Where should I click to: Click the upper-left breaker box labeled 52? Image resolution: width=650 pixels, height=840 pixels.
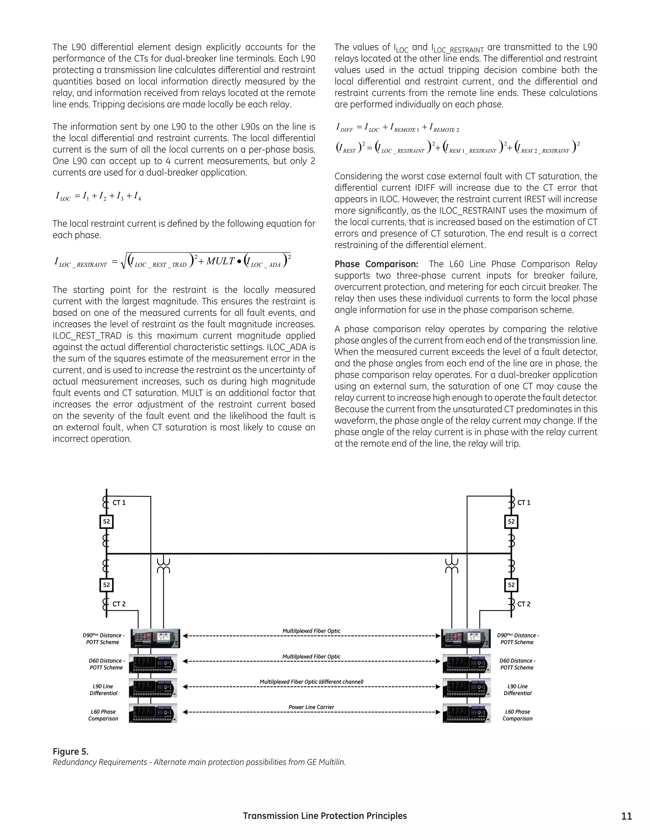coord(106,521)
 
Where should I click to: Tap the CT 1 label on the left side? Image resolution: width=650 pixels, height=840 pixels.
coord(119,503)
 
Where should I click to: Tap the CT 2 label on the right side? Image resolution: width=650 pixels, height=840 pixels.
coord(524,604)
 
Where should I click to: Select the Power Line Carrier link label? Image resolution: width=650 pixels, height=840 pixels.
coord(311,707)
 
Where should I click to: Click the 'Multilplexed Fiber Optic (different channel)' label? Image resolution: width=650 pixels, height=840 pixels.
coord(311,682)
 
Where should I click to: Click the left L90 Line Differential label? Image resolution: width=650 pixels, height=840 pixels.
coord(103,690)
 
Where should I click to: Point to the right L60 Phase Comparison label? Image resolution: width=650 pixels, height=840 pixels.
coord(517,715)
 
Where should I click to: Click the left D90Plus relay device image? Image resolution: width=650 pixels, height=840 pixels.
coord(155,638)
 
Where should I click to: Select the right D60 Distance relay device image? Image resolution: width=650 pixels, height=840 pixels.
coord(466,664)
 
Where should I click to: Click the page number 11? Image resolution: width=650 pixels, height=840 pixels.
coord(627,816)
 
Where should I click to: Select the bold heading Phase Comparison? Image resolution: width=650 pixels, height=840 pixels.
coord(376,264)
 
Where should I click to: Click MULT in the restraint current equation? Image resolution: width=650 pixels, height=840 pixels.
coord(220,261)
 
